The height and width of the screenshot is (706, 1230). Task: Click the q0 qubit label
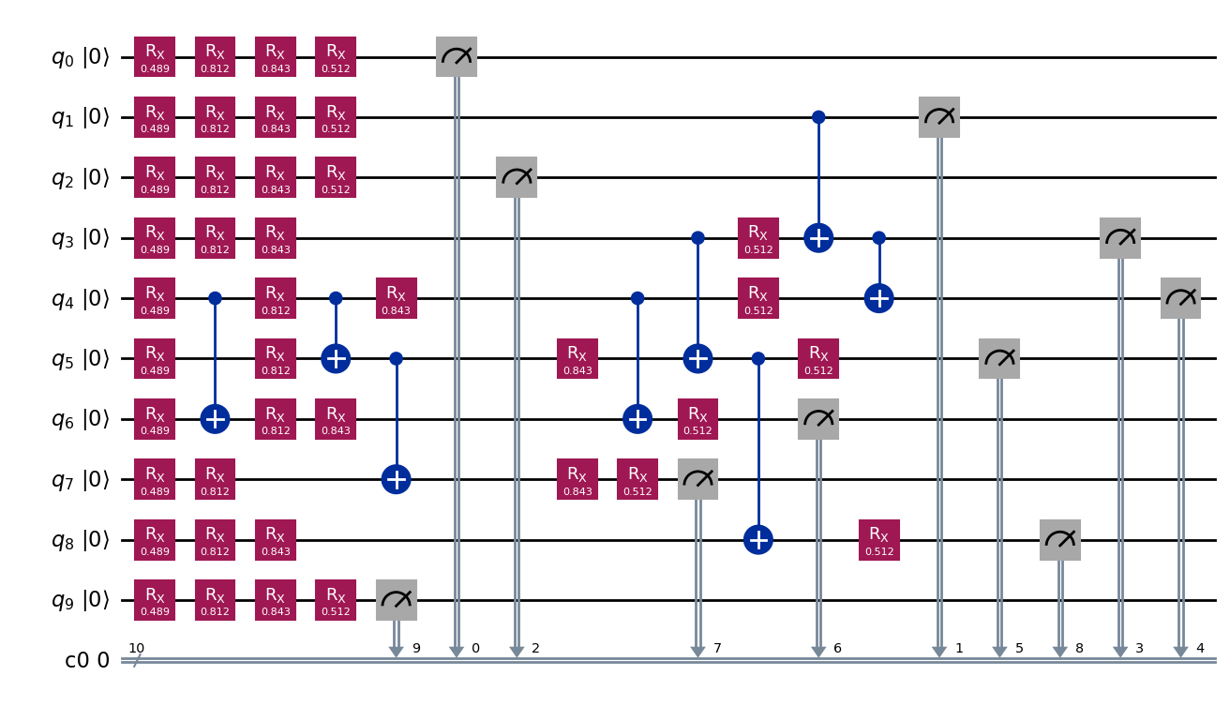[80, 57]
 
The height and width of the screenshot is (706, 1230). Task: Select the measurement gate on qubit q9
[397, 600]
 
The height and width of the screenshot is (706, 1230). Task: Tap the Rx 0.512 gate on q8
[879, 540]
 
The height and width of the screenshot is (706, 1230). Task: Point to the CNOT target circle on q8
[757, 540]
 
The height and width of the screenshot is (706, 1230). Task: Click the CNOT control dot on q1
[818, 117]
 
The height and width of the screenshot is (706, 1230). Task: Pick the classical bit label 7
[717, 649]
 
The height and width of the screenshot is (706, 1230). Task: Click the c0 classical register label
[86, 660]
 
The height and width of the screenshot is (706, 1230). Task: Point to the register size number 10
[136, 648]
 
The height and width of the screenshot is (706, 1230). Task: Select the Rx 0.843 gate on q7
[577, 479]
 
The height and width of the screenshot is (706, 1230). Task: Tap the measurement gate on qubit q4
[1180, 298]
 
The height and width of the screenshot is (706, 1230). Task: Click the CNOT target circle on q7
[397, 479]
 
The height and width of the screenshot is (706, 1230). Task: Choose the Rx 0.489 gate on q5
[155, 358]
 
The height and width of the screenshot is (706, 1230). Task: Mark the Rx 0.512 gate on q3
[757, 238]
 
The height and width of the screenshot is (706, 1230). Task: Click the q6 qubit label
[80, 419]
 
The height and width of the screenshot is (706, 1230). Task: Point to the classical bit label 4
[1200, 649]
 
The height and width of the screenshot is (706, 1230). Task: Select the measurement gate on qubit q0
[457, 57]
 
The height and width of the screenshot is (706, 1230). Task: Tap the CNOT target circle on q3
[818, 238]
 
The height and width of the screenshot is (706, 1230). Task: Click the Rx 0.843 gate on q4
[397, 298]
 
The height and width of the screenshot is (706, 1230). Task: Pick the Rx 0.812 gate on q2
[215, 177]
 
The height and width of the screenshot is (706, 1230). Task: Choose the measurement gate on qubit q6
[818, 419]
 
